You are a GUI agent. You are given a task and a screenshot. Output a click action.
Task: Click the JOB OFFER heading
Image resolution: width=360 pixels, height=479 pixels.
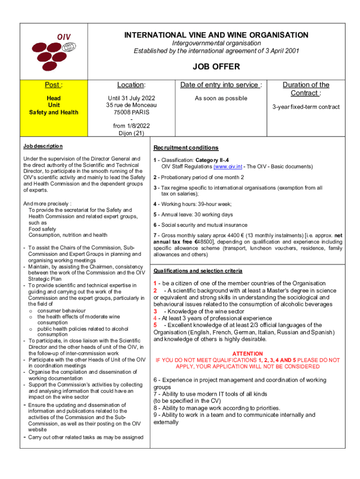click(216, 67)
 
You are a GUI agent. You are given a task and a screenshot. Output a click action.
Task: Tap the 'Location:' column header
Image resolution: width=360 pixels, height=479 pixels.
click(131, 85)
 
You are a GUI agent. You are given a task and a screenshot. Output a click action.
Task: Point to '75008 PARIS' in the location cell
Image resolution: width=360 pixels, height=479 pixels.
click(131, 112)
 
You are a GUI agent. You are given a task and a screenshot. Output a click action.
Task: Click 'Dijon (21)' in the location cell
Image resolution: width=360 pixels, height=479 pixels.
click(131, 133)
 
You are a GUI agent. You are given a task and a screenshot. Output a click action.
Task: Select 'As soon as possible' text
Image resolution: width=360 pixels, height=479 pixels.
click(221, 98)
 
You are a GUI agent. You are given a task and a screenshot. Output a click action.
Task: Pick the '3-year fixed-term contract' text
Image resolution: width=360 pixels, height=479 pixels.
click(306, 107)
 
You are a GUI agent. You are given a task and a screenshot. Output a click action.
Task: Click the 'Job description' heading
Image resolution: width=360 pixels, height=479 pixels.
click(43, 146)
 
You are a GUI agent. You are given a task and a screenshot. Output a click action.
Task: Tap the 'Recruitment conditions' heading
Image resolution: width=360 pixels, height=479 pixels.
click(186, 148)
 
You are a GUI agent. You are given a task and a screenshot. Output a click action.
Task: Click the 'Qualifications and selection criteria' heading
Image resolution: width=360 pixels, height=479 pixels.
click(198, 271)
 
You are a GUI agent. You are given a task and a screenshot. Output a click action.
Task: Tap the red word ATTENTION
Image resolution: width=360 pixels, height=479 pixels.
click(247, 354)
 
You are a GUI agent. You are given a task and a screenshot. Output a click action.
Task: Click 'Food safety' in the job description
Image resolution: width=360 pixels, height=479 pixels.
click(42, 229)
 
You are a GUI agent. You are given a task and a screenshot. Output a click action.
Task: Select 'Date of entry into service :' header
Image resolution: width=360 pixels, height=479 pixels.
click(221, 85)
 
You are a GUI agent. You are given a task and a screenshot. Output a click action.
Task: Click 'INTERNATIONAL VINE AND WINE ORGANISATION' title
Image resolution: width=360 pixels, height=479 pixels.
click(216, 35)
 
